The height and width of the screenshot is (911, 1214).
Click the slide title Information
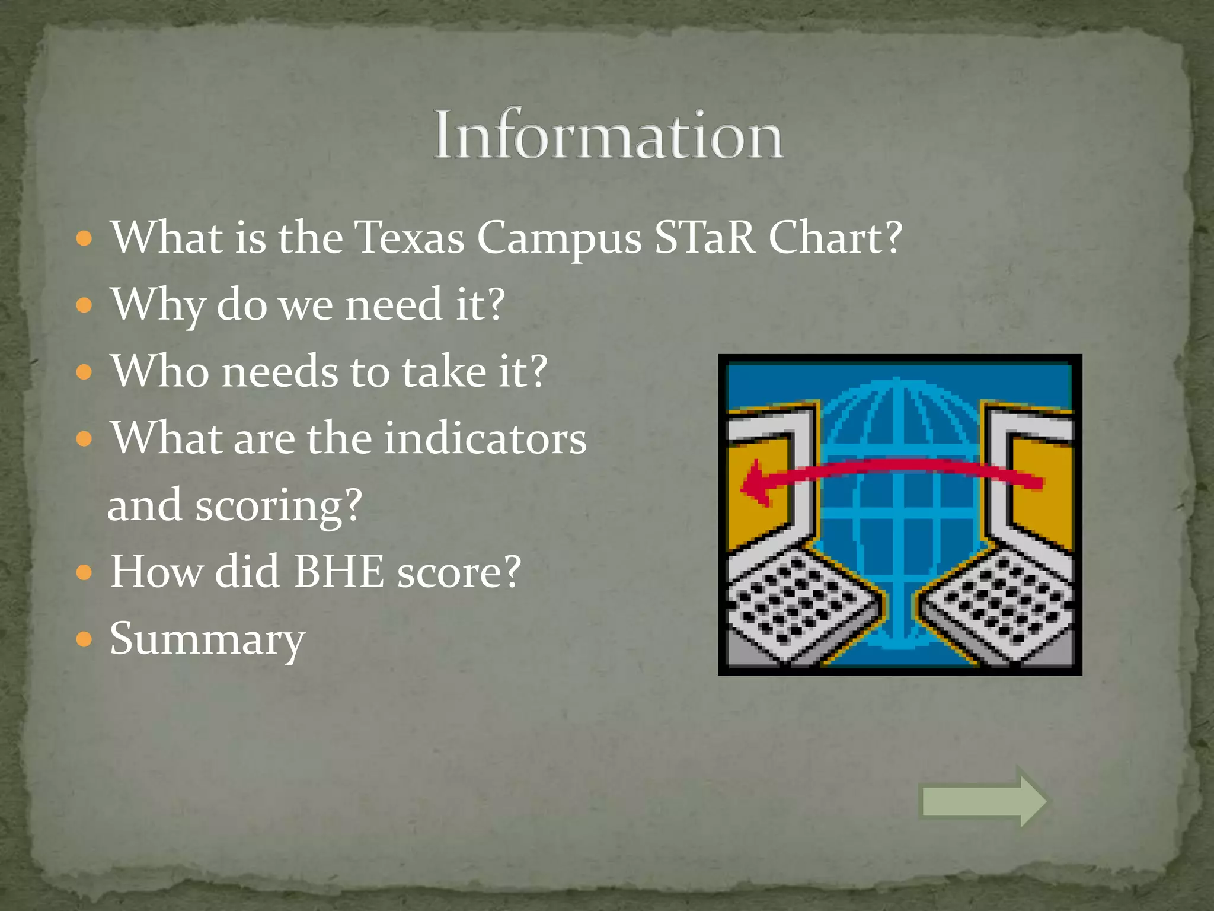coord(608,135)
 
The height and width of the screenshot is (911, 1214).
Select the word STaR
coord(704,238)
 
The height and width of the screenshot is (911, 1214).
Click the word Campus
coord(559,239)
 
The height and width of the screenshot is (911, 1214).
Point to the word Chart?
coord(835,238)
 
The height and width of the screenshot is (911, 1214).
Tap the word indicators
coord(485,438)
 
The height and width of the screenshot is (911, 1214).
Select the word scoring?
coord(279,506)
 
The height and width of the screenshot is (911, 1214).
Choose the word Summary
coord(207,640)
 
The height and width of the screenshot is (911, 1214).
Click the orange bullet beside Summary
coord(85,639)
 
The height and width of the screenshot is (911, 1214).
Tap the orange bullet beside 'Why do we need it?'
coord(85,305)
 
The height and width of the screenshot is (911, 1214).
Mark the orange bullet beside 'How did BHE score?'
coord(85,572)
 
